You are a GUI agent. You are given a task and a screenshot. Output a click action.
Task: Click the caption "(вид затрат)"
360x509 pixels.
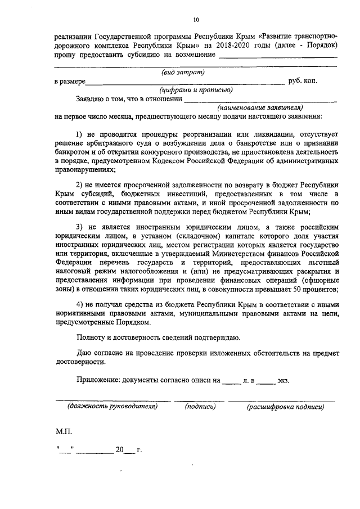(x=182, y=72)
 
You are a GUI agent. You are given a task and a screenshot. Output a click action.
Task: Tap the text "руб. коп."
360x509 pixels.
(x=303, y=81)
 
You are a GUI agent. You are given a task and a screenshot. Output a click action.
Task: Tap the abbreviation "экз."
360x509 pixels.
(x=282, y=380)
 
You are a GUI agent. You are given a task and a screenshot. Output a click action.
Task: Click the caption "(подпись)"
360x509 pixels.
(x=200, y=406)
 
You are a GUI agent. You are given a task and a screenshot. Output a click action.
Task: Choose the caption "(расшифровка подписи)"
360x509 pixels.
(x=285, y=406)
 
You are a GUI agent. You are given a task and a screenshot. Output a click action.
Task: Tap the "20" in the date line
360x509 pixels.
(x=119, y=450)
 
